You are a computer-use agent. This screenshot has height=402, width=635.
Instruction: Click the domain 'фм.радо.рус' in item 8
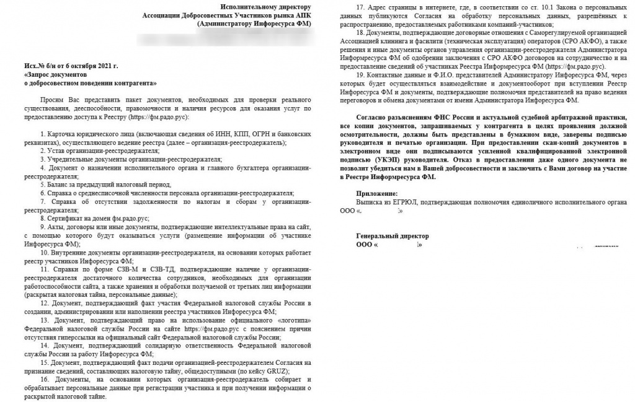[x=127, y=219]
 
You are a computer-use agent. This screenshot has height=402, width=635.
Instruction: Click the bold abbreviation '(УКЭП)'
[x=364, y=168]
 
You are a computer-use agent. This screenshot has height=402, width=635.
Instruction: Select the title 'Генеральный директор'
[x=392, y=236]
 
